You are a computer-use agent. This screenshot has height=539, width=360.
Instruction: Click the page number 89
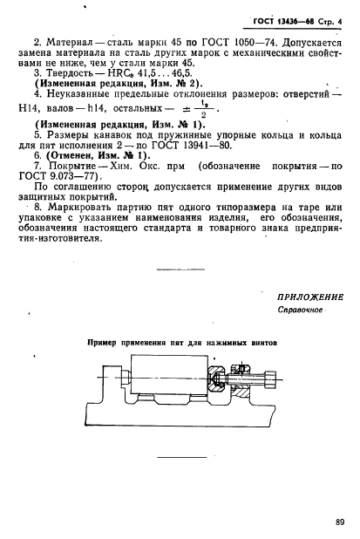[x=338, y=522]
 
